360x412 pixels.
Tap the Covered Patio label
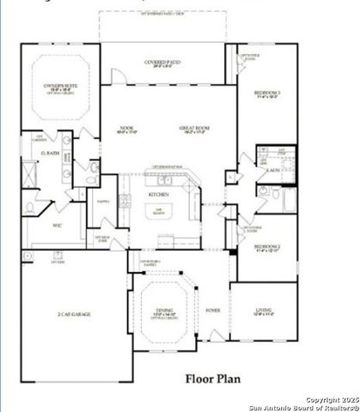pyautogui.click(x=162, y=61)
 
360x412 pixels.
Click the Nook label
pyautogui.click(x=126, y=129)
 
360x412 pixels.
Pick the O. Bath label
pyautogui.click(x=48, y=154)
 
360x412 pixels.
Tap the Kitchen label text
pyautogui.click(x=159, y=195)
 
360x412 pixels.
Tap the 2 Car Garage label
pyautogui.click(x=75, y=314)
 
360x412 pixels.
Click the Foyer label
pyautogui.click(x=212, y=311)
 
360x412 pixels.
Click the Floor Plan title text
pyautogui.click(x=213, y=379)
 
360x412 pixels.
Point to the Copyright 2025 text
pyautogui.click(x=330, y=398)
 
